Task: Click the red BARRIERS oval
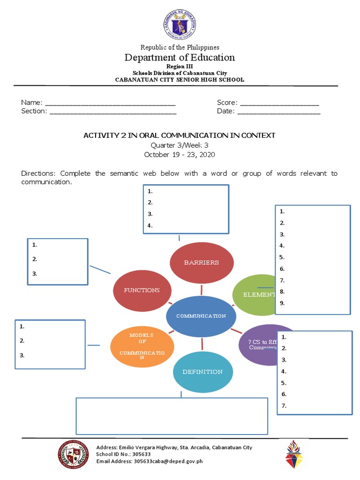201,262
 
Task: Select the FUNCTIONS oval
142,290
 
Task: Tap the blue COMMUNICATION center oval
201,316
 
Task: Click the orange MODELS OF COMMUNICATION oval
142,347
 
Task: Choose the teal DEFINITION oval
202,372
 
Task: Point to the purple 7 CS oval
258,345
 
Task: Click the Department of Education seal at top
180,24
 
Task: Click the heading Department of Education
180,58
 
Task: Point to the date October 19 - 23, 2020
180,155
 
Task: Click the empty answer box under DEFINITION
172,416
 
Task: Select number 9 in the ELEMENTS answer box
282,303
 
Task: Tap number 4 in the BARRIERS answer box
150,225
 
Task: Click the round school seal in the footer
73,454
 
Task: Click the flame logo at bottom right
294,454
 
